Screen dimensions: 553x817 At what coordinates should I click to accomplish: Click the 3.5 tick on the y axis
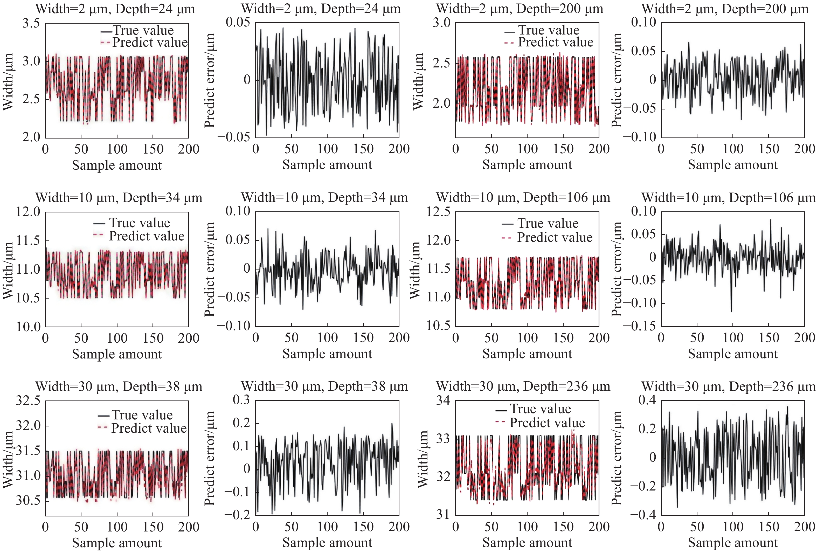point(31,24)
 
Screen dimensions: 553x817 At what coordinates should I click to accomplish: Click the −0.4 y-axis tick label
point(643,515)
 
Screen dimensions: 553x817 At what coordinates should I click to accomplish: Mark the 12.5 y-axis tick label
point(438,212)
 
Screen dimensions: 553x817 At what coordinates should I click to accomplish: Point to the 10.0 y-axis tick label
point(28,327)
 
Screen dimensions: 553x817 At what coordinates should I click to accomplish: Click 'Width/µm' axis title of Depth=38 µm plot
point(8,459)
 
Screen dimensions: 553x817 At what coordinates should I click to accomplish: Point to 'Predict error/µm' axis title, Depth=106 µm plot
point(617,269)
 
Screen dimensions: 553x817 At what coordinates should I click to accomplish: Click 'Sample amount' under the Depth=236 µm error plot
point(733,542)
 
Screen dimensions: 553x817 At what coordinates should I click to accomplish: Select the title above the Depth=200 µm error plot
point(725,9)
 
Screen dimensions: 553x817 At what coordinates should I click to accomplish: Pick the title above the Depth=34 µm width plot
point(119,198)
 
